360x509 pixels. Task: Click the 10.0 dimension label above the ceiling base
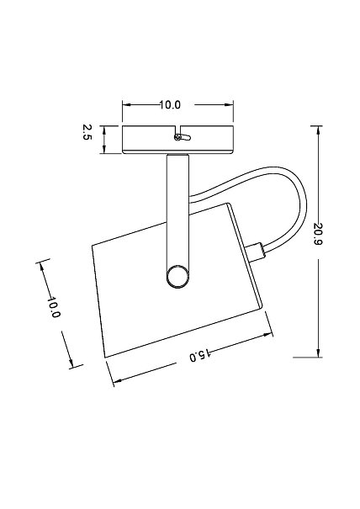click(170, 105)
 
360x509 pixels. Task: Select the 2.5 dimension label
click(87, 132)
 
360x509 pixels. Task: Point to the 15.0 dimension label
click(200, 355)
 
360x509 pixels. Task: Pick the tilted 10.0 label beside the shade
click(54, 307)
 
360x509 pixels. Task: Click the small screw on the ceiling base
click(177, 137)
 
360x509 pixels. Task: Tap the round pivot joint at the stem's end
click(177, 277)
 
